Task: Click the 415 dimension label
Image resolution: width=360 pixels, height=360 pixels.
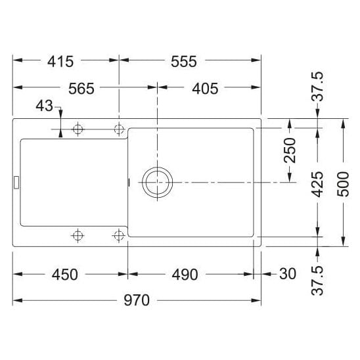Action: (x=60, y=62)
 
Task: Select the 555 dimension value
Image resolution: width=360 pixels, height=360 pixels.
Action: (x=184, y=62)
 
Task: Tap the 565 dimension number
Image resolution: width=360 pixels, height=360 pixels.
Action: (x=81, y=89)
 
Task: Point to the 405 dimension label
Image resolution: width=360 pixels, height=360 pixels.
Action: (x=205, y=89)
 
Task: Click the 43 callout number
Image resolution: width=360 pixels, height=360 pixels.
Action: (x=45, y=106)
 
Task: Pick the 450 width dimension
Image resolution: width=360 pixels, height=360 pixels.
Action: (x=65, y=275)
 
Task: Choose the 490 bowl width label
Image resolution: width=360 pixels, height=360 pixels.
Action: (x=185, y=275)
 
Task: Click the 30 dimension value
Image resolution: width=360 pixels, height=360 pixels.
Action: (x=288, y=274)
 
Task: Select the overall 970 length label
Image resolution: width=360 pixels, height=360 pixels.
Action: (x=137, y=300)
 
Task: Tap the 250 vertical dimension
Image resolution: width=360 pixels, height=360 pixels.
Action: (x=290, y=150)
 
